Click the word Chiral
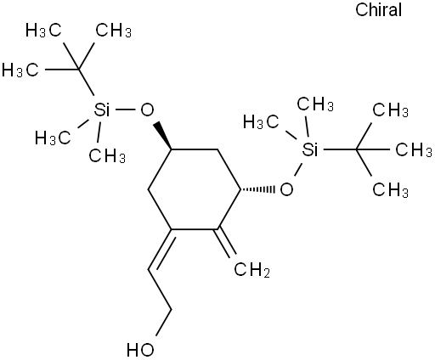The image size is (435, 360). (379, 9)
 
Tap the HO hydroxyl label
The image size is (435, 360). (140, 350)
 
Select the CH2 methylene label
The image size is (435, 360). (252, 270)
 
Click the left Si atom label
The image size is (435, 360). (102, 110)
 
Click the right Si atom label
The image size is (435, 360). (310, 149)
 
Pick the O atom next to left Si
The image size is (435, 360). (147, 110)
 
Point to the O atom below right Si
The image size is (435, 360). (286, 189)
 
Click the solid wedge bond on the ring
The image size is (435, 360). (162, 136)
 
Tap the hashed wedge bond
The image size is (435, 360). (257, 189)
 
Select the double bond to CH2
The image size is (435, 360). (225, 242)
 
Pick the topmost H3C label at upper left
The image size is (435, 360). (43, 31)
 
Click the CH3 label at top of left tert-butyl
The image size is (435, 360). (113, 31)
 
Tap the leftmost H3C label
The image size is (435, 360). (20, 70)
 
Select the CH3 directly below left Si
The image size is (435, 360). (107, 155)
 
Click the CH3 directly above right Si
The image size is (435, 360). (315, 104)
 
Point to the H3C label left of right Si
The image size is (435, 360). (262, 122)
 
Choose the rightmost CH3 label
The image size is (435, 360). (414, 149)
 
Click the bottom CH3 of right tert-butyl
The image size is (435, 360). (391, 189)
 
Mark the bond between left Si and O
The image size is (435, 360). (125, 110)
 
